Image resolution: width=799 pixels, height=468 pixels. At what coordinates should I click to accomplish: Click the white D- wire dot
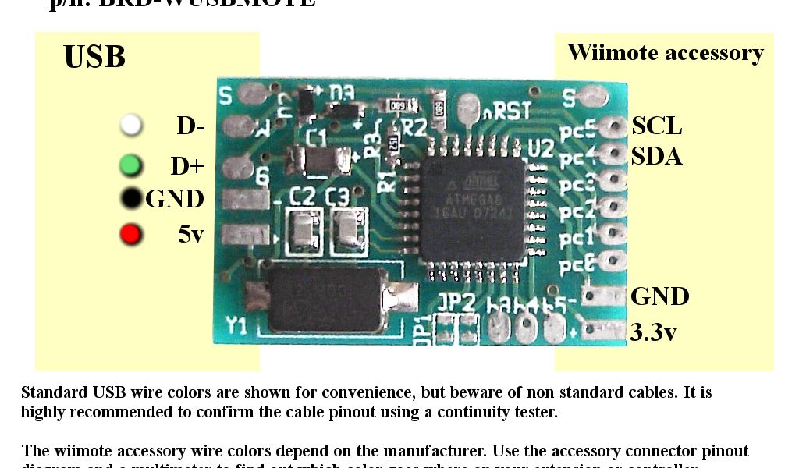coord(131,125)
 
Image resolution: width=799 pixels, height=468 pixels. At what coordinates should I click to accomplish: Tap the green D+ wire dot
coord(131,165)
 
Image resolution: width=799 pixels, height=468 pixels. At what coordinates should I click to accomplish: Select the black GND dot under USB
coord(132,198)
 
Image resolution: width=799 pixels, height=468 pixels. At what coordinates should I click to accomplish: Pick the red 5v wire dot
coord(131,233)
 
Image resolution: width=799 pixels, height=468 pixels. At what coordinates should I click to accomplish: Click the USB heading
coord(94,58)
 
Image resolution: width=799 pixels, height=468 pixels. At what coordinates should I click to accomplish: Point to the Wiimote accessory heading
coord(665,52)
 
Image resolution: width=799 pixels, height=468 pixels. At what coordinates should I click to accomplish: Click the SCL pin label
coord(656,126)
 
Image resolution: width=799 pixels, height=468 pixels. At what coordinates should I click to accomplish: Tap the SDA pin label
coord(656,157)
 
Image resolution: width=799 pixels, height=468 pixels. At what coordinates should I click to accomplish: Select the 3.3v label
coord(653,332)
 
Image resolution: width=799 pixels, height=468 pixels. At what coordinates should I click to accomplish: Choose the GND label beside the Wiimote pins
coord(659,296)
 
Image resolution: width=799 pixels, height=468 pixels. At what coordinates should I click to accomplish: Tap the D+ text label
coord(187,166)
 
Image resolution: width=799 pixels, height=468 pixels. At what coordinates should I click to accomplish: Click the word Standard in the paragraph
coord(54,392)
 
